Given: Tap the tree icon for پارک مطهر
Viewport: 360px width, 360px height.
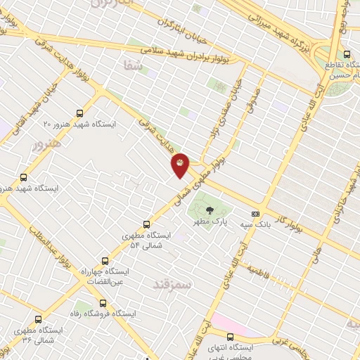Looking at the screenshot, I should (209, 210).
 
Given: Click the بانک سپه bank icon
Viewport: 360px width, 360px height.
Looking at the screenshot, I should (255, 214).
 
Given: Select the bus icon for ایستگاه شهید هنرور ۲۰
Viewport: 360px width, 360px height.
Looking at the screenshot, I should (79, 113).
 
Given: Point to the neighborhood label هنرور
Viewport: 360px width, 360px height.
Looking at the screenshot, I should (47, 144).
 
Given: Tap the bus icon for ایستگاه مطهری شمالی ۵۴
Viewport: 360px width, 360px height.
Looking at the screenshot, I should (146, 225).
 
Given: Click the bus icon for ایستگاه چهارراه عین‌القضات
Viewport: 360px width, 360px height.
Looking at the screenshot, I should (105, 260).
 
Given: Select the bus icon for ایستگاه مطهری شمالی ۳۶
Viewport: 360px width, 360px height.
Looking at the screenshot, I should (38, 319).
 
